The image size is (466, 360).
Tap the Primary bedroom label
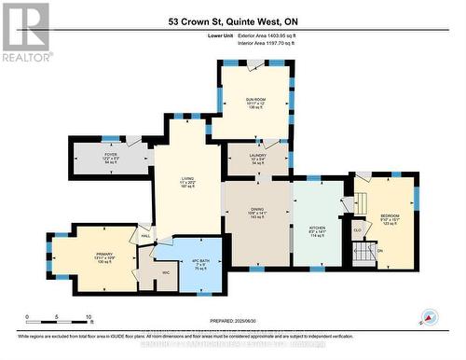pyautogui.click(x=103, y=258)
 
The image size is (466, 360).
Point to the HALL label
pyautogui.click(x=145, y=236)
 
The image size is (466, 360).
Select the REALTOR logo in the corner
pyautogui.click(x=25, y=32)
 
